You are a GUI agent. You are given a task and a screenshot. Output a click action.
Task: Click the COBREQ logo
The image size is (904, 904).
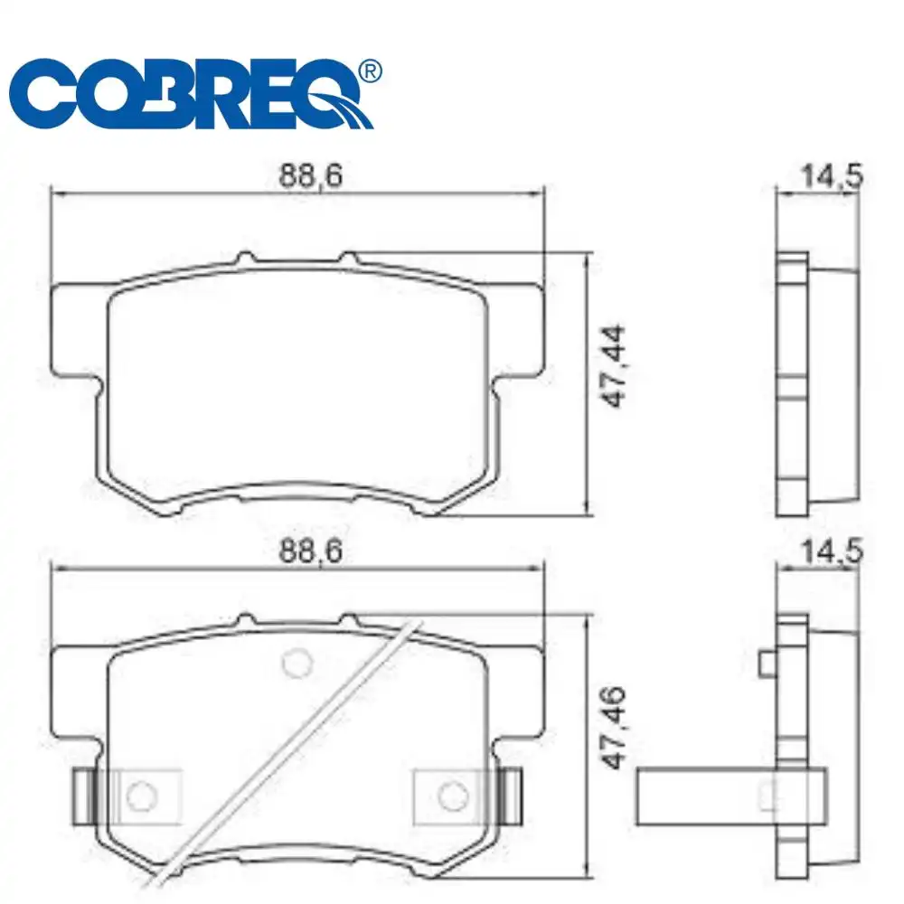190,95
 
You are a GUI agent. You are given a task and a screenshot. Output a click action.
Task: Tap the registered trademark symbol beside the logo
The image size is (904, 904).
368,71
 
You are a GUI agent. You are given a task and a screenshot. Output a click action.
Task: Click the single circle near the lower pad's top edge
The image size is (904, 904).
295,663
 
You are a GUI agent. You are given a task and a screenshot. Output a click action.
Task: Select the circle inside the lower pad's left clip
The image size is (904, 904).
139,796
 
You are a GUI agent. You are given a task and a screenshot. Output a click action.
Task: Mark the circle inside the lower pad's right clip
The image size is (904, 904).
450,796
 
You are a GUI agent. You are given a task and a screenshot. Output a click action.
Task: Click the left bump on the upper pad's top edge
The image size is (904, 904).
245,259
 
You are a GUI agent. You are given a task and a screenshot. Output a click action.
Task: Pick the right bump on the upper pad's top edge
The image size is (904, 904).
348,259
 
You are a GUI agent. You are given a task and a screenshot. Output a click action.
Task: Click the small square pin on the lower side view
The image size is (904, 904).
767,664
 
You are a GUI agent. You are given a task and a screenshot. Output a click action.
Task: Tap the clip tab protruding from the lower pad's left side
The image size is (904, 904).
81,796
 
